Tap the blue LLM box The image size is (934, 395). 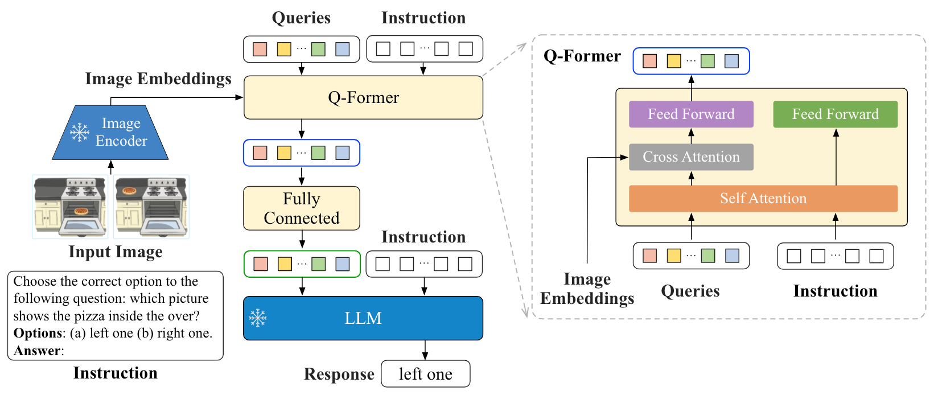[x=363, y=318]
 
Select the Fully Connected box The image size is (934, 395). [x=302, y=208]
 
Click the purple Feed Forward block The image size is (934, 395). [x=691, y=114]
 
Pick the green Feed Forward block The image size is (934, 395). [x=835, y=114]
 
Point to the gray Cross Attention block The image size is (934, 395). [x=691, y=157]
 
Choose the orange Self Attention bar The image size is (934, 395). [x=763, y=199]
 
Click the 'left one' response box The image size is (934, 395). [x=426, y=374]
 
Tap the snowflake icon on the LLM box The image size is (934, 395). [x=258, y=318]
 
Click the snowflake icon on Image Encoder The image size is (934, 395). [x=79, y=132]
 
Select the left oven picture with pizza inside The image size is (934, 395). [x=70, y=207]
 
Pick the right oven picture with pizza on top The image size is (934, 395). [x=151, y=207]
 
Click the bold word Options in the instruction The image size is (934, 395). [x=38, y=333]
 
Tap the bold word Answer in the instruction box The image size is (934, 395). [x=37, y=351]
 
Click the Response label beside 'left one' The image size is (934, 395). [x=339, y=374]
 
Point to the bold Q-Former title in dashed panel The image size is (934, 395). [x=582, y=56]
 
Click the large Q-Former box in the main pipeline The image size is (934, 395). [x=363, y=97]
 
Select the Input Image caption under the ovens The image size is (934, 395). [x=116, y=252]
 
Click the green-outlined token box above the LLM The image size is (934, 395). [x=302, y=264]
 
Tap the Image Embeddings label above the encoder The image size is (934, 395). [x=158, y=79]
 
